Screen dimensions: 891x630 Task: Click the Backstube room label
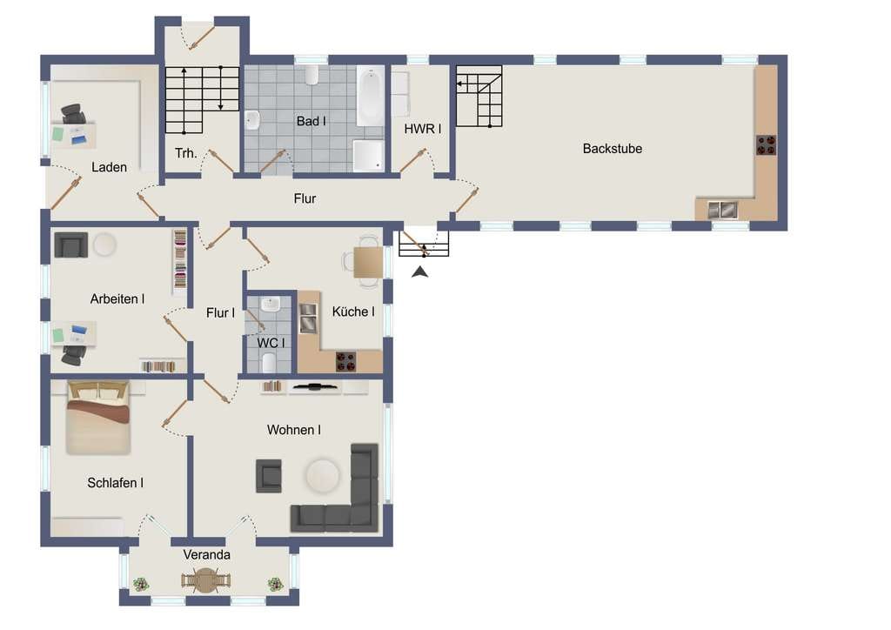point(612,149)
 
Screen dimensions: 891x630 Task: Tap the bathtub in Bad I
point(370,96)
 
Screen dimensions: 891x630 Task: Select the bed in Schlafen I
point(98,418)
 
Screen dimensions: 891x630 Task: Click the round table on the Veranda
point(205,580)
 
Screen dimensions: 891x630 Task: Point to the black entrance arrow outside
point(420,272)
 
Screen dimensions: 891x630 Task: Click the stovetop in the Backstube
point(766,144)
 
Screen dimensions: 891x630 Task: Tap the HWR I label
point(423,129)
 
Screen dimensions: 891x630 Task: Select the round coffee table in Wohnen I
point(323,475)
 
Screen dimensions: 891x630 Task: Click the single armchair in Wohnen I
point(269,475)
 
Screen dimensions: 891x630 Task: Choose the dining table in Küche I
point(368,263)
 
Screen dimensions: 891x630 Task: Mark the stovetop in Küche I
point(345,361)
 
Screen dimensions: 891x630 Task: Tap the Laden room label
point(109,167)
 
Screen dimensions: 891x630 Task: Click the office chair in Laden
point(74,114)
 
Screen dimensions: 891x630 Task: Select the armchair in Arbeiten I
point(71,245)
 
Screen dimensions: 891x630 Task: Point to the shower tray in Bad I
point(368,155)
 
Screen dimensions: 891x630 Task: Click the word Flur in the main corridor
point(305,198)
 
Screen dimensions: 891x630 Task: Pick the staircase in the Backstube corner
point(479,96)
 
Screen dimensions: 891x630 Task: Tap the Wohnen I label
point(294,430)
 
